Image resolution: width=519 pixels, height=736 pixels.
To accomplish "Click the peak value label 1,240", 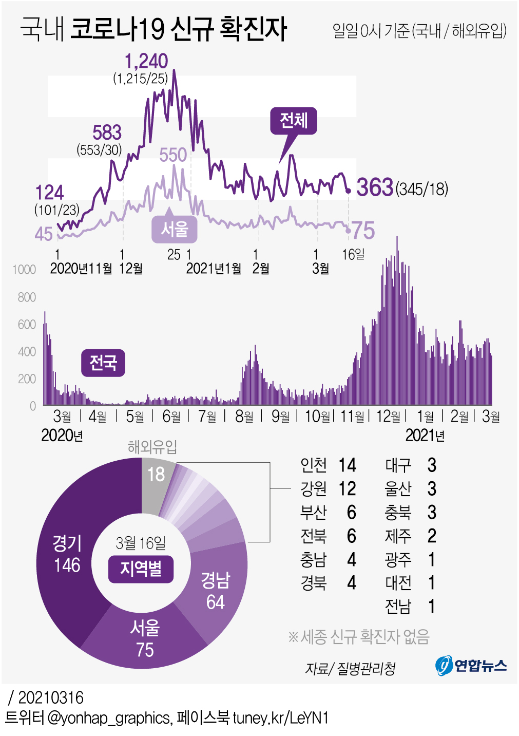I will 146,61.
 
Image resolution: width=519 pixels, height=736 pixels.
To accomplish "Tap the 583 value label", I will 107,133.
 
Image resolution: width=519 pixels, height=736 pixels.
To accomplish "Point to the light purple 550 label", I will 172,155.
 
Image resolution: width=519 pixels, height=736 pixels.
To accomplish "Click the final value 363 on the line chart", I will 375,187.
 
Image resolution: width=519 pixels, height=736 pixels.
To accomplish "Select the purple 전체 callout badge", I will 294,121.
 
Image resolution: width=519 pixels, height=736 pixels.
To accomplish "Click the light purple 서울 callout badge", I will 175,229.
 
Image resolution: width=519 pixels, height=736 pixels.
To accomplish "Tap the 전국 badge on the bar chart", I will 103,363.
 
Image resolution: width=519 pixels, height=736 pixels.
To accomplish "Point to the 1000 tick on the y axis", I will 24,270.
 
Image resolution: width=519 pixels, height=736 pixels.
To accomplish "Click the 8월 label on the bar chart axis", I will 244,417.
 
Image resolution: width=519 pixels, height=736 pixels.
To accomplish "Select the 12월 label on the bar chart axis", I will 388,417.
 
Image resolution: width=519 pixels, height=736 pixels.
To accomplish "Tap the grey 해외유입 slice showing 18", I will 156,480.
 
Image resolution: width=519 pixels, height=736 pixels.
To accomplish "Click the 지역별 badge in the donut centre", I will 141,569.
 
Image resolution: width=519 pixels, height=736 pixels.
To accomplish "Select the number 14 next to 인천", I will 347,465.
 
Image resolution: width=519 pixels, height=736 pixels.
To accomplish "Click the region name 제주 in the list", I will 398,536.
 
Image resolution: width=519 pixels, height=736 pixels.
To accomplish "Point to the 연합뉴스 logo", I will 471,666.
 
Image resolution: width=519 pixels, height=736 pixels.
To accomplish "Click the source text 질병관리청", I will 366,668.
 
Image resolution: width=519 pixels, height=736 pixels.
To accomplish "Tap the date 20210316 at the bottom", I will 50,697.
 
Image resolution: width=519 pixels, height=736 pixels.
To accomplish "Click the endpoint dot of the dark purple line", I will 349,191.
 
